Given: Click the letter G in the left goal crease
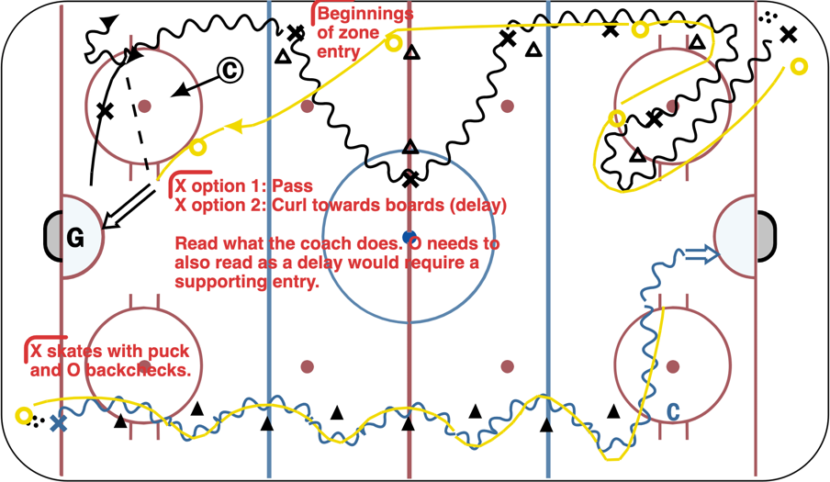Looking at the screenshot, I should pyautogui.click(x=75, y=239).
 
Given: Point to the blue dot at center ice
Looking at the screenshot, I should pyautogui.click(x=409, y=237).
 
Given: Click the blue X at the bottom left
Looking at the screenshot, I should pyautogui.click(x=58, y=423).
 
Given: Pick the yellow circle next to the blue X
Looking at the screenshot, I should pyautogui.click(x=24, y=416).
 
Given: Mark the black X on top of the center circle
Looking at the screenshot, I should pyautogui.click(x=410, y=178).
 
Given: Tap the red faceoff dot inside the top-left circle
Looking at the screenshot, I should pyautogui.click(x=144, y=106).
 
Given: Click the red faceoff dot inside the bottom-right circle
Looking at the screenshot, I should pyautogui.click(x=673, y=366).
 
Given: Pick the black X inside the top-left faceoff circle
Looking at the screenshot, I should pyautogui.click(x=105, y=110).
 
